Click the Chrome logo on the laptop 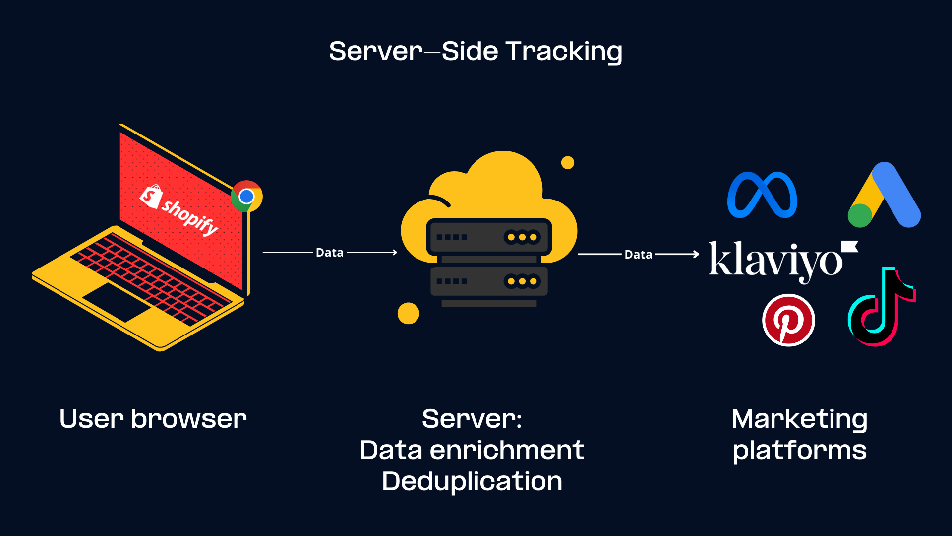(246, 197)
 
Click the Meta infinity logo (762, 195)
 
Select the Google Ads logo (885, 196)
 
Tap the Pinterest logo (788, 320)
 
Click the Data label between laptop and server (330, 253)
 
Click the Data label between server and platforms (638, 255)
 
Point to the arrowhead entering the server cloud (395, 253)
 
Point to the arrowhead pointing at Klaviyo (697, 254)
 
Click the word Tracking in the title (564, 52)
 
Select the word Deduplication (472, 481)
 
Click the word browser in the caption (189, 419)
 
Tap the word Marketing (799, 419)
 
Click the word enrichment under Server (507, 450)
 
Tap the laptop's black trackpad (118, 302)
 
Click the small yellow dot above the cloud (568, 163)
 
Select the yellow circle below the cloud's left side (409, 313)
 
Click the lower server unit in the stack (489, 281)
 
